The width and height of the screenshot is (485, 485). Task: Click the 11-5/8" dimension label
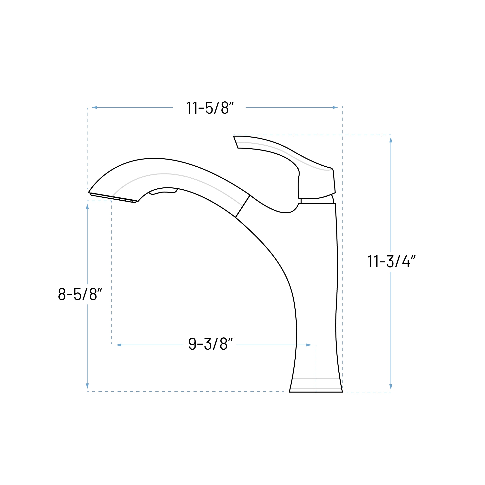pyautogui.click(x=210, y=108)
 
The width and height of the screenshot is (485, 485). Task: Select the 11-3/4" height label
pyautogui.click(x=391, y=261)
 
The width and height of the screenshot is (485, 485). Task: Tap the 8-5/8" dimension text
pyautogui.click(x=80, y=294)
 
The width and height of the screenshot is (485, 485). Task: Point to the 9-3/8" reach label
pyautogui.click(x=210, y=344)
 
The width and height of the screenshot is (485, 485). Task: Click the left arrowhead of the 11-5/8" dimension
pyautogui.click(x=94, y=108)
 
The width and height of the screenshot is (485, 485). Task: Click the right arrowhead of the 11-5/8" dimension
pyautogui.click(x=335, y=108)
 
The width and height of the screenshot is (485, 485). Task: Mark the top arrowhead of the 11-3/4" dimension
pyautogui.click(x=391, y=140)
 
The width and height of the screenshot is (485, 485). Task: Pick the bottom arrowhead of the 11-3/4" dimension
pyautogui.click(x=391, y=387)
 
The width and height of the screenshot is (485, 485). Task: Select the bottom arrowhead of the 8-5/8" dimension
pyautogui.click(x=87, y=386)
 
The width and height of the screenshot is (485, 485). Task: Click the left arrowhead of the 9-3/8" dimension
pyautogui.click(x=119, y=345)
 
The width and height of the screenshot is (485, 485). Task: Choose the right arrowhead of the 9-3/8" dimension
pyautogui.click(x=309, y=345)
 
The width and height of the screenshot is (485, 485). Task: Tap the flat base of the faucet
pyautogui.click(x=316, y=391)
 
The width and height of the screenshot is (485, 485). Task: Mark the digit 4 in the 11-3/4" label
pyautogui.click(x=406, y=261)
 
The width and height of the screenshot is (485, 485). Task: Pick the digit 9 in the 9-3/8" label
pyautogui.click(x=192, y=344)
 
